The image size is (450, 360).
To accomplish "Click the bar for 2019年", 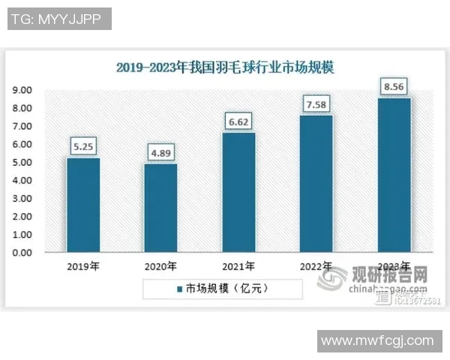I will tap(82, 205).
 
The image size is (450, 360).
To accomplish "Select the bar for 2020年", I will tap(160, 208).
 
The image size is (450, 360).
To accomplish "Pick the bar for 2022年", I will tap(316, 184).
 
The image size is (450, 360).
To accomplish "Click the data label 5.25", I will tap(82, 146).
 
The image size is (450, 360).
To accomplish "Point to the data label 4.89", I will tap(160, 153).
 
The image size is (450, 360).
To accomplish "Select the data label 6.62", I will tap(238, 121).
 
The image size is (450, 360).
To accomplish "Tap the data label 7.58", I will tap(316, 104).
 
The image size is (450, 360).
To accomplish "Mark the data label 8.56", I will tap(394, 86).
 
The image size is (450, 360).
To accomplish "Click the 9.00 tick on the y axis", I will tap(22, 90).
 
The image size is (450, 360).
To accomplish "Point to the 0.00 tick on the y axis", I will tap(22, 253).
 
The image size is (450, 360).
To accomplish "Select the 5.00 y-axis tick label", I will tap(22, 163).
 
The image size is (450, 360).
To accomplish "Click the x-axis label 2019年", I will tap(83, 266).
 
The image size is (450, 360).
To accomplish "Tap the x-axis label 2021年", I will tap(238, 266).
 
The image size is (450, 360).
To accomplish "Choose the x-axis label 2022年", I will tap(316, 266).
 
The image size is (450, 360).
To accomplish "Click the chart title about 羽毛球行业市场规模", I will tap(225, 67).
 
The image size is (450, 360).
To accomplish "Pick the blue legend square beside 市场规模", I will tap(180, 288).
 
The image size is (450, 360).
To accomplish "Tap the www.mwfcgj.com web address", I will tap(377, 341).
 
